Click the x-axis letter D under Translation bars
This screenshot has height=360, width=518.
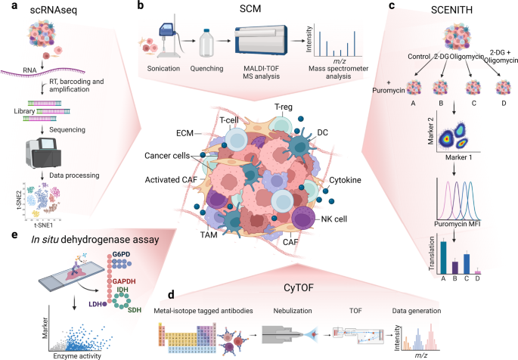tap(477, 278)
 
